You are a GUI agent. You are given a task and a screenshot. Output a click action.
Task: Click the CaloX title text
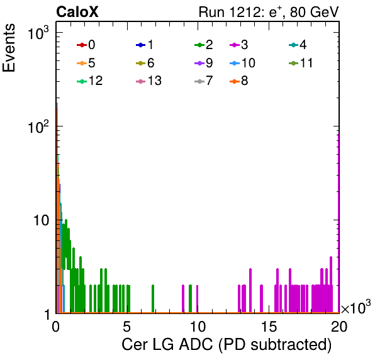(77, 12)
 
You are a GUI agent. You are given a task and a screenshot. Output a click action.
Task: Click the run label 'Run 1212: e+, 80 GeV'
(269, 12)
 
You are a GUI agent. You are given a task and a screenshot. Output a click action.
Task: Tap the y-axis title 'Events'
(9, 48)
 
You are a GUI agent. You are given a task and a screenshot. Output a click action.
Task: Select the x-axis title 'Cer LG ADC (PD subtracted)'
(227, 345)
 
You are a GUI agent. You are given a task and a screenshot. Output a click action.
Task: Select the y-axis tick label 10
(41, 220)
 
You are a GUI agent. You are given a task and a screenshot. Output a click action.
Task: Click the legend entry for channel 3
(238, 45)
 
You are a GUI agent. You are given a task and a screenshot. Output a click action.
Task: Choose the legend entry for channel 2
(204, 45)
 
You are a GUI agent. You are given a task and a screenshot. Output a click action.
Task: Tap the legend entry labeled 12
(90, 81)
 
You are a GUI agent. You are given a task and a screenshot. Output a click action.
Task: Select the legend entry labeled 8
(238, 81)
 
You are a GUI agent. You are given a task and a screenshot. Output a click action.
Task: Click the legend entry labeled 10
(242, 63)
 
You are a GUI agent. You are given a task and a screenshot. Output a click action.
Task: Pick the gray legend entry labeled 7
(204, 81)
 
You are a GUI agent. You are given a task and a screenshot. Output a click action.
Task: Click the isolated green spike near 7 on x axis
(153, 298)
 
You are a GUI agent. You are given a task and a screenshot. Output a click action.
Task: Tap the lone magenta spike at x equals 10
(198, 298)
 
